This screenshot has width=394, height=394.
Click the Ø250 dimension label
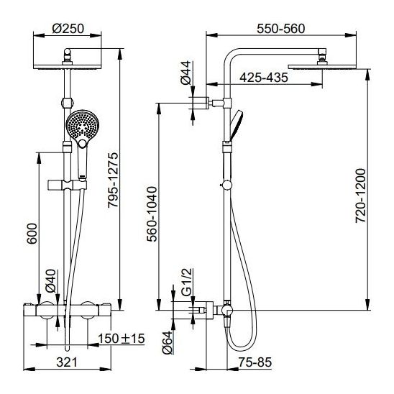(68, 29)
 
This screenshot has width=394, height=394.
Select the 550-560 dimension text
(280, 29)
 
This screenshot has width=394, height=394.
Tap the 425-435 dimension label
(264, 78)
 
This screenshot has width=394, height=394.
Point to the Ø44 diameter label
(186, 73)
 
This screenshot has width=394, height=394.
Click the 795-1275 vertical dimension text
(113, 180)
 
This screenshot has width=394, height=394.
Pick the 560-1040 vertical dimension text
(152, 214)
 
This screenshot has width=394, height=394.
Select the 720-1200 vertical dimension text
(361, 196)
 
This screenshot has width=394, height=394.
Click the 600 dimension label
(32, 234)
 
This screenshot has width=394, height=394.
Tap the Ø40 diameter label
(50, 281)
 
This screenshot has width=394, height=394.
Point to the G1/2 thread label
(186, 282)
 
